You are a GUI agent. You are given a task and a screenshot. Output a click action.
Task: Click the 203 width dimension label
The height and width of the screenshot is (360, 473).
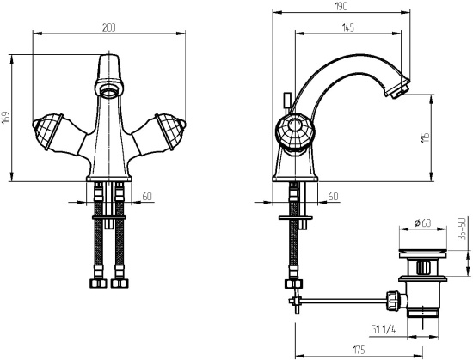pyautogui.click(x=109, y=27)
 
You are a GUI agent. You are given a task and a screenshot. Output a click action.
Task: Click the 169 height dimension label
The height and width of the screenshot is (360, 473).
pyautogui.click(x=6, y=118)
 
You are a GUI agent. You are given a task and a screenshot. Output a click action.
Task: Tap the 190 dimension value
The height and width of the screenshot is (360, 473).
pyautogui.click(x=341, y=6)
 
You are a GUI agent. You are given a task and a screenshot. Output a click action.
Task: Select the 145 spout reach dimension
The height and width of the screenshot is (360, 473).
pyautogui.click(x=347, y=27)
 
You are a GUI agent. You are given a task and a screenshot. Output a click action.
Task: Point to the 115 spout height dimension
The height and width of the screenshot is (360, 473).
pyautogui.click(x=426, y=138)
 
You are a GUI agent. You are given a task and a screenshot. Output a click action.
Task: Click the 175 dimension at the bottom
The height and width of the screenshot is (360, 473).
pyautogui.click(x=359, y=350)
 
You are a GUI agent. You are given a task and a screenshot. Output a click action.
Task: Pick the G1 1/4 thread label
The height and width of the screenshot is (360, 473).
pyautogui.click(x=383, y=329)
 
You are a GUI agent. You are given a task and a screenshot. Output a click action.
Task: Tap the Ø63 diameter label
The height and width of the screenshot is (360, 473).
pyautogui.click(x=422, y=223)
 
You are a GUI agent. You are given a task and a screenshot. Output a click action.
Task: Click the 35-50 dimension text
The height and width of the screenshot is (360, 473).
pyautogui.click(x=462, y=229)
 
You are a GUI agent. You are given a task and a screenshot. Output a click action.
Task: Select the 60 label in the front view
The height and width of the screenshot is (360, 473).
pyautogui.click(x=147, y=197)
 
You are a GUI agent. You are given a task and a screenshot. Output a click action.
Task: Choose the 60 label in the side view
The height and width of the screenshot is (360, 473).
pyautogui.click(x=333, y=197)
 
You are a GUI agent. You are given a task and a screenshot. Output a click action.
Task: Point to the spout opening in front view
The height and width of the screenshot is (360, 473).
pyautogui.click(x=109, y=89)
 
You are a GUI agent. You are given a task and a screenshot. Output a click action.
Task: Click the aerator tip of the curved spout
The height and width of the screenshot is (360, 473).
pyautogui.click(x=396, y=88)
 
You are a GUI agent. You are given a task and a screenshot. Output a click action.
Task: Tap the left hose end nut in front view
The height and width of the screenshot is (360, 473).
pyautogui.click(x=99, y=284)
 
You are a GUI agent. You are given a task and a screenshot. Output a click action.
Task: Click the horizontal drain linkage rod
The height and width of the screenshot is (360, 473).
pyautogui.click(x=345, y=300)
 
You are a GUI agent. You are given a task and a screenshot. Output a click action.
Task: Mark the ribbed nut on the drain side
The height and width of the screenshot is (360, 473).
pyautogui.click(x=394, y=300)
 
